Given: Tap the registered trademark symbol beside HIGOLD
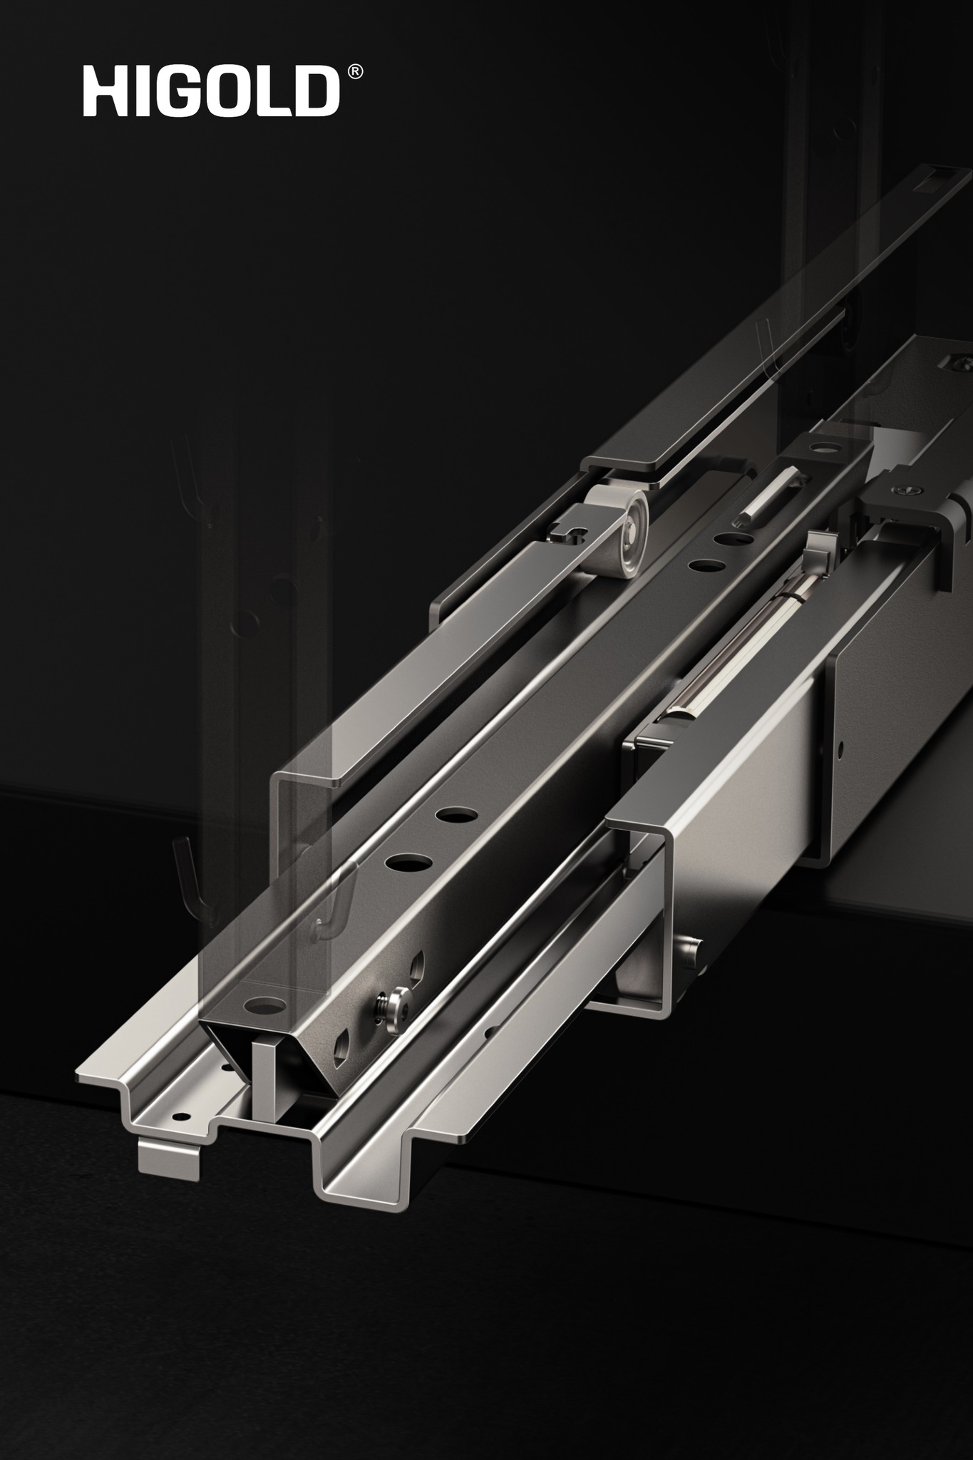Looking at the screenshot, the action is (x=355, y=72).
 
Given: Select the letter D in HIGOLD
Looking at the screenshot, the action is (x=315, y=91).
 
